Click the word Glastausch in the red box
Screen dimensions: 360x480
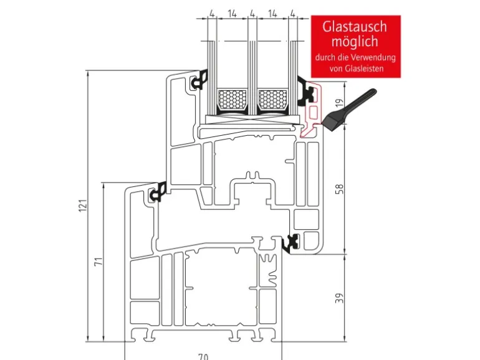[354, 27]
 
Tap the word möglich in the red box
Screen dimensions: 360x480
[354, 42]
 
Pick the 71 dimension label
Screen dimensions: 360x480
[98, 262]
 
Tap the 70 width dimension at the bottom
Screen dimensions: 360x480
[203, 356]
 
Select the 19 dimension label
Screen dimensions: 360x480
[340, 105]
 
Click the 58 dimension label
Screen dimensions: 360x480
[340, 189]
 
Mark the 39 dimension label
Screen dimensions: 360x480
[340, 298]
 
